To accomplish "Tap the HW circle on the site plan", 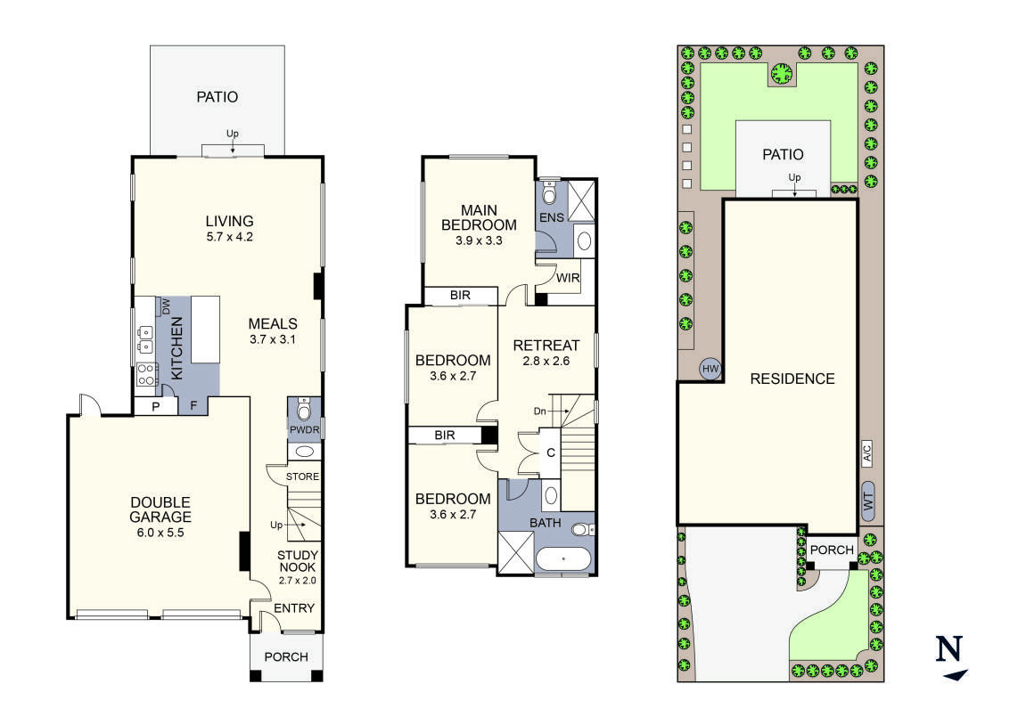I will click(x=710, y=369).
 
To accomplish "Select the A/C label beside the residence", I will click(x=866, y=453).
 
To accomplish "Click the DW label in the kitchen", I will click(x=166, y=306).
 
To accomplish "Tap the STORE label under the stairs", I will click(x=302, y=477).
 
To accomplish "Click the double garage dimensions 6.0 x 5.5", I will click(x=159, y=533).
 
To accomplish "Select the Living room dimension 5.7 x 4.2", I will click(x=229, y=237).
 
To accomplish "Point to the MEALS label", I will click(x=273, y=323).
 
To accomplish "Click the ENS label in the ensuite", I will click(x=551, y=216).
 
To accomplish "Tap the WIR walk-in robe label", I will click(x=568, y=278).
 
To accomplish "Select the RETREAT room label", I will click(x=546, y=345).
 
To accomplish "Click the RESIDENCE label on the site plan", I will click(x=792, y=379).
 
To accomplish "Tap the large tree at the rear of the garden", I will click(x=782, y=73).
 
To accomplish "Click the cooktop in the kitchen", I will click(x=145, y=376).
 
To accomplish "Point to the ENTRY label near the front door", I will click(x=293, y=607).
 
